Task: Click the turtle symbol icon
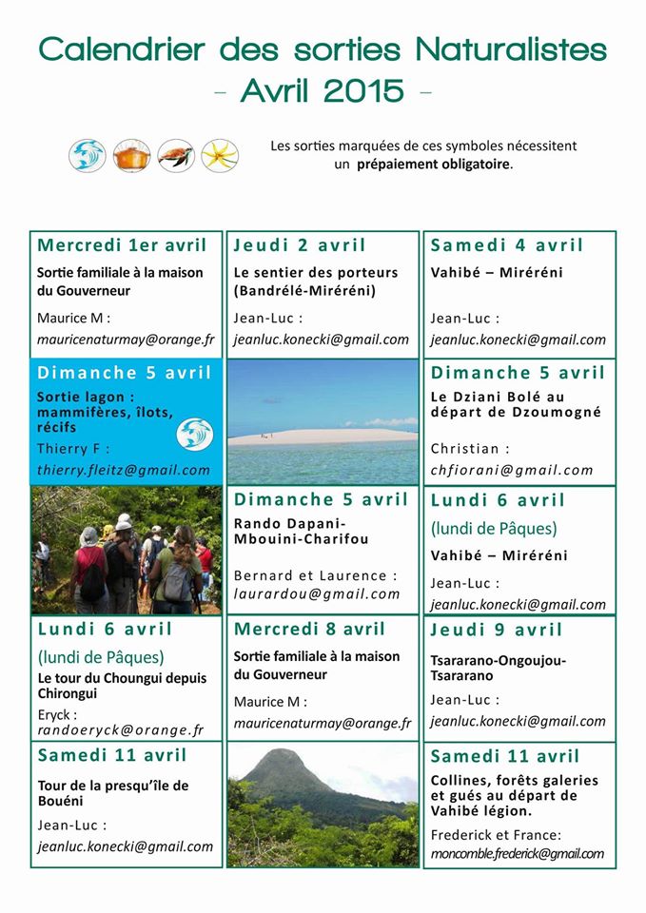click(x=176, y=155)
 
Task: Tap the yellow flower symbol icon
click(x=220, y=155)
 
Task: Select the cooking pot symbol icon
click(x=131, y=155)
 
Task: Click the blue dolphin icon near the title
click(x=88, y=155)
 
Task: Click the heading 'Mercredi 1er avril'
click(x=122, y=245)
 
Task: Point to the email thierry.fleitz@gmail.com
click(x=124, y=470)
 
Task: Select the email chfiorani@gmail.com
click(x=512, y=470)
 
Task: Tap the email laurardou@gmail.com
click(x=317, y=594)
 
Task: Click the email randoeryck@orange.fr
click(x=121, y=730)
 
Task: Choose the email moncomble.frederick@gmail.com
click(x=517, y=853)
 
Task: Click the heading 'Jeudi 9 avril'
click(x=497, y=630)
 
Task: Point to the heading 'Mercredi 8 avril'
click(x=309, y=630)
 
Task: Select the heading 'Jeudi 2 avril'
click(x=300, y=245)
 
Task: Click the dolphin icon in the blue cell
click(x=194, y=434)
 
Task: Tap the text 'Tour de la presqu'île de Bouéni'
click(x=113, y=793)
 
